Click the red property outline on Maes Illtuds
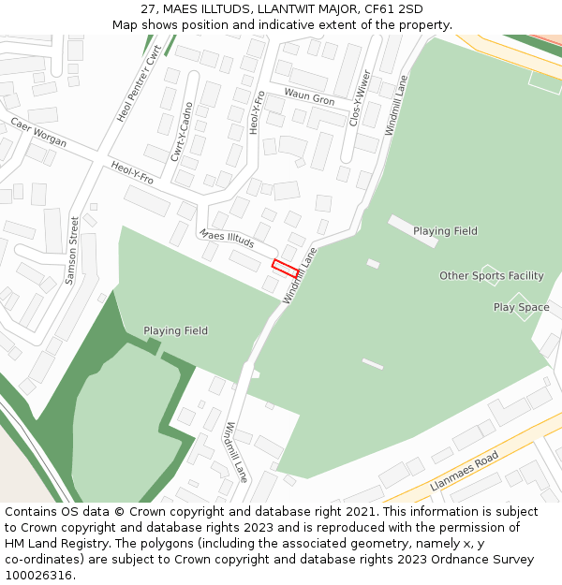(285, 268)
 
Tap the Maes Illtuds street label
(227, 239)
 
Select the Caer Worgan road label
(38, 133)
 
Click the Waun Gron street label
(309, 98)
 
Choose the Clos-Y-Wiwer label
(360, 97)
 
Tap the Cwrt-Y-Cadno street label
(182, 131)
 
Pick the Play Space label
(522, 307)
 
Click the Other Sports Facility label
(492, 276)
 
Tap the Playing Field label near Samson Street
(175, 330)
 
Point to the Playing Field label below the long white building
(445, 231)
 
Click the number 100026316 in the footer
(39, 575)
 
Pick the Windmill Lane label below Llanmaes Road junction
(235, 452)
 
